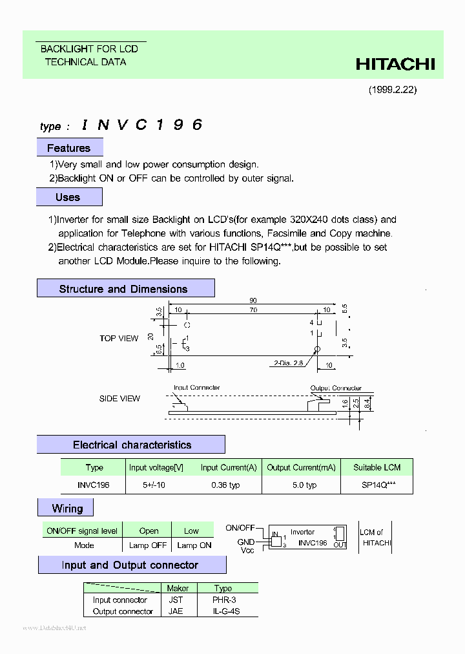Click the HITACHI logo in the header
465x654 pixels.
[x=395, y=64]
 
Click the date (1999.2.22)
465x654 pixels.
[x=393, y=90]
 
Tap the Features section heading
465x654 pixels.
[x=68, y=148]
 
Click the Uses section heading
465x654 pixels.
[x=68, y=197]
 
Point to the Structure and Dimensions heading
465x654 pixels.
[x=123, y=289]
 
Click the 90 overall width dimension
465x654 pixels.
[x=253, y=301]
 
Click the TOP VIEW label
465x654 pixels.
[x=119, y=338]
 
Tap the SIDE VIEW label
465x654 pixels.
[x=119, y=399]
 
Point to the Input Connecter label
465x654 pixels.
[x=196, y=388]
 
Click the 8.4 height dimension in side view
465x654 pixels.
[x=367, y=403]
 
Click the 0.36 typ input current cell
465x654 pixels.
[x=225, y=485]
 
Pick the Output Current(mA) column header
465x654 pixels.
[x=301, y=467]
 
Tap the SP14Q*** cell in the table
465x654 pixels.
[x=377, y=485]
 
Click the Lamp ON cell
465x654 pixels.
[x=194, y=545]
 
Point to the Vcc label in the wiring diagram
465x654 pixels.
[x=247, y=551]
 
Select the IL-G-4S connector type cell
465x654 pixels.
[x=225, y=611]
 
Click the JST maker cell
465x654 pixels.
[x=176, y=600]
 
